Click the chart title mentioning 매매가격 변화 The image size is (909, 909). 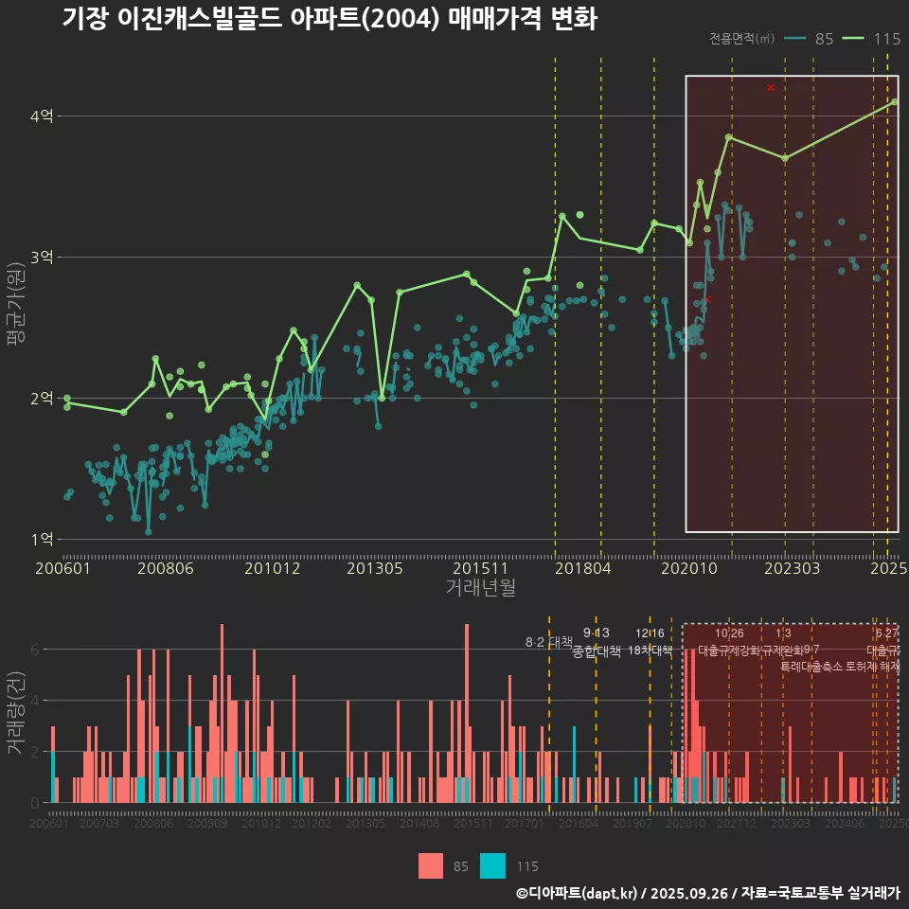pos(330,19)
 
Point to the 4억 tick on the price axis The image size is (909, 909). pos(42,116)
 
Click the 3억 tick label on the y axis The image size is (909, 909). pos(42,258)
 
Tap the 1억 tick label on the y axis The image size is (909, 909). pos(42,540)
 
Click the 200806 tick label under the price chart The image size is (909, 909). pos(166,569)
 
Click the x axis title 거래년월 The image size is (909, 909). pos(480,588)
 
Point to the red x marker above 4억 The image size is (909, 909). pos(771,88)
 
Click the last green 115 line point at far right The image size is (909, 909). pos(895,102)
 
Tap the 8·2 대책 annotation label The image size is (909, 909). pos(547,642)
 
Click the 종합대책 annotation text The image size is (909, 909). pos(597,651)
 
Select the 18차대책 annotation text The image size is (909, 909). pos(650,651)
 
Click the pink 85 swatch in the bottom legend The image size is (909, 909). pos(431,865)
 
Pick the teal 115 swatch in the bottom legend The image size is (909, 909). pos(492,865)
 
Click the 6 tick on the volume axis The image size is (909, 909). pos(34,650)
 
